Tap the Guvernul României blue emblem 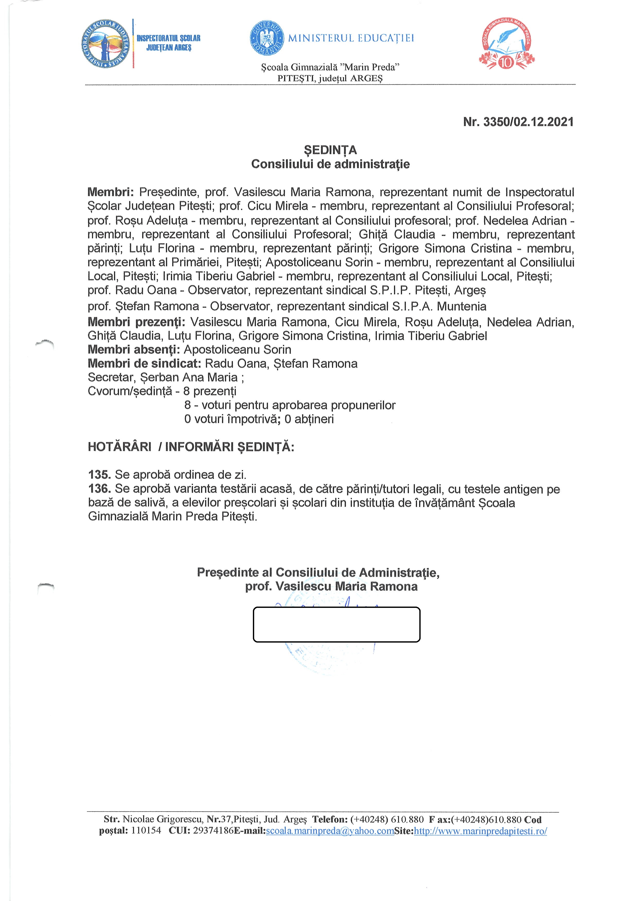click(x=267, y=38)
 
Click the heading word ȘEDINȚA click(x=330, y=150)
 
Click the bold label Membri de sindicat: click(x=144, y=364)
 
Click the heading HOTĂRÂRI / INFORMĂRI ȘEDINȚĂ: click(x=191, y=447)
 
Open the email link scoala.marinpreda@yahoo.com click(x=330, y=831)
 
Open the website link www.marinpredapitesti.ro click(x=480, y=831)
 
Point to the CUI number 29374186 click(x=213, y=831)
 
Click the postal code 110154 click(x=146, y=831)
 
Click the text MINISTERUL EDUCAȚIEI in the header click(x=351, y=38)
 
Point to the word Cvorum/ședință click(x=130, y=391)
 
